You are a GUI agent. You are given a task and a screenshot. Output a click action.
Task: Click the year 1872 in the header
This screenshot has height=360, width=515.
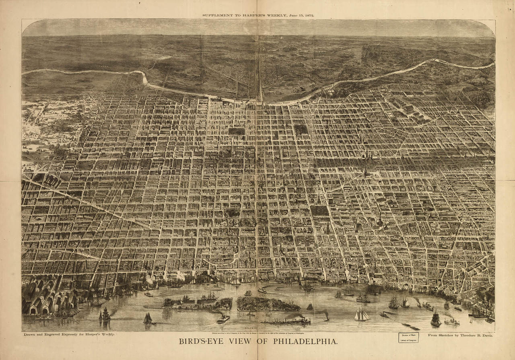coord(307,15)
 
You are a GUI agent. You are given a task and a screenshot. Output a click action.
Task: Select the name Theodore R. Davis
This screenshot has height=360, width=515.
coord(471,335)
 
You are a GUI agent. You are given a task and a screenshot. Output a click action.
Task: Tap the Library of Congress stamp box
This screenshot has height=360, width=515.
coord(408,337)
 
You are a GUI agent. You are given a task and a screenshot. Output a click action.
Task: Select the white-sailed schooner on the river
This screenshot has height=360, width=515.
coord(362,315)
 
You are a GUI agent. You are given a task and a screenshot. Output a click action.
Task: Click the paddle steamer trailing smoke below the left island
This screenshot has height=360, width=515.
coord(222,318)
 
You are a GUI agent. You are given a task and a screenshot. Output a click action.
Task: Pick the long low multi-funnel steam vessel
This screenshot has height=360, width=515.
coord(286,321)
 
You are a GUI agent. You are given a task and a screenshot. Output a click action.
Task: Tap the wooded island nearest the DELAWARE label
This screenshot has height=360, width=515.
coord(268,304)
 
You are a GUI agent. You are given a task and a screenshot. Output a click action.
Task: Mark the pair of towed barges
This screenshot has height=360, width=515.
coord(410,326)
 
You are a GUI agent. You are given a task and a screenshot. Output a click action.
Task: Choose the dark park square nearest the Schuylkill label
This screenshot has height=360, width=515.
coord(300,130)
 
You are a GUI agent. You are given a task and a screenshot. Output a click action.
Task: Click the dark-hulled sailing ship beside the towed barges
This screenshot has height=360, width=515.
coord(435,319)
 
